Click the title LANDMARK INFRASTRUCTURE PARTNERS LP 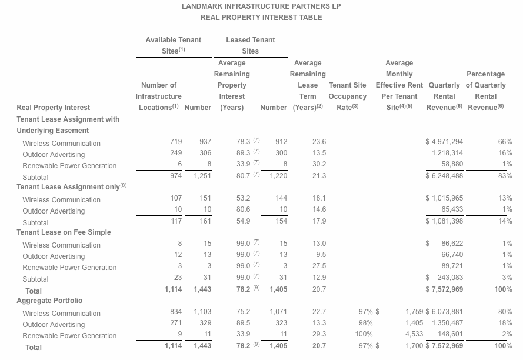261,6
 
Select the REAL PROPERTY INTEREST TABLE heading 261,18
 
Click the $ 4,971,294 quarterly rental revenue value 444,142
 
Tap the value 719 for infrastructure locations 175,142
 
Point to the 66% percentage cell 505,142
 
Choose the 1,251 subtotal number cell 202,176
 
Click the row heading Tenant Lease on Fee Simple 64,232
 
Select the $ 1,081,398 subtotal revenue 444,222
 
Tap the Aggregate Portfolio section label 49,301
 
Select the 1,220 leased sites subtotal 278,176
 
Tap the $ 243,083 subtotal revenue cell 444,278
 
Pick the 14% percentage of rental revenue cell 505,222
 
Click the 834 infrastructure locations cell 175,312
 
